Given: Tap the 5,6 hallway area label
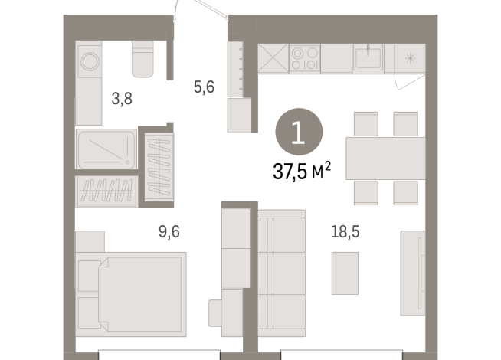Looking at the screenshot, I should (x=203, y=87).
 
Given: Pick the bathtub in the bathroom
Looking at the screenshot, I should (x=106, y=148).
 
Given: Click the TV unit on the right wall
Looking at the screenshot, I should (x=413, y=268).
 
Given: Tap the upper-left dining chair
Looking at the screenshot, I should (x=365, y=123).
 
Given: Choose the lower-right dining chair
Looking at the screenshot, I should (x=404, y=193).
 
